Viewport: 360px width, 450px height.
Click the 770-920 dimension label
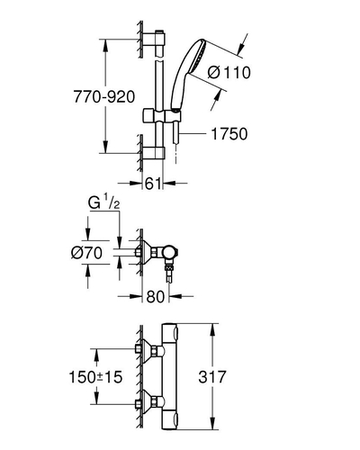point(104,97)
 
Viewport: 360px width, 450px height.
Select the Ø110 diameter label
point(229,73)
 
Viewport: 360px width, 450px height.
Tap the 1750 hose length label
point(229,134)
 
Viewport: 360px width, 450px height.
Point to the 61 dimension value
point(153,184)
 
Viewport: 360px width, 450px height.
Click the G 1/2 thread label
point(103,203)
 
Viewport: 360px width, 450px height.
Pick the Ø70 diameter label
point(86,253)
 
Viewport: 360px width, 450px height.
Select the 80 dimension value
point(156,297)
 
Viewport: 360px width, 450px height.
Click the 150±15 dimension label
point(95,377)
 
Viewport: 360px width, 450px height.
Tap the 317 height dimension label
point(211,377)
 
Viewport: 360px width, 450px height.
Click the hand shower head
point(189,72)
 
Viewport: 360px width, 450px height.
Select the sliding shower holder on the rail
point(162,116)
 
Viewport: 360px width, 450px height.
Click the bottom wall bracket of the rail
point(154,152)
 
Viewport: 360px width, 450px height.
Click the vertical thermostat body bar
point(170,377)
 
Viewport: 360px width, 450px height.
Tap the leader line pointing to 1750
point(193,133)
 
